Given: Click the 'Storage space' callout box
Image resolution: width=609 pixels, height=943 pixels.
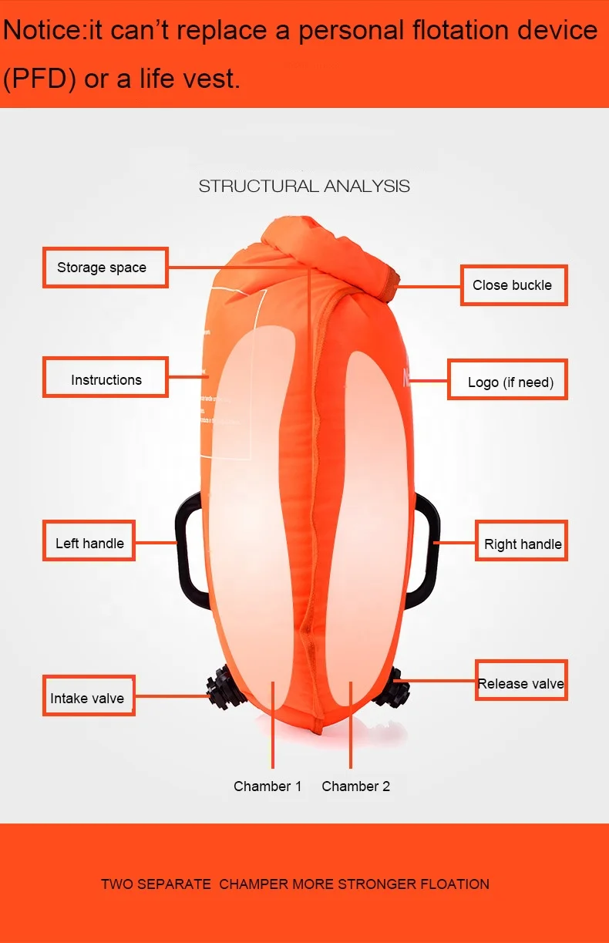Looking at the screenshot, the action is click(105, 268).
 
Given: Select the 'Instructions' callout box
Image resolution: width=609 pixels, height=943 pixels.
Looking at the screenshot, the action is click(105, 378).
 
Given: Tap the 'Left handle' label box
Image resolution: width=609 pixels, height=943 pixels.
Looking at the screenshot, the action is click(89, 542).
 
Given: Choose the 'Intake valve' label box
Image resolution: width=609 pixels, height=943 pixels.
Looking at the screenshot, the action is click(88, 696).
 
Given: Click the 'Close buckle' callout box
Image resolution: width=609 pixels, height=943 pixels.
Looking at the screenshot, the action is click(513, 285).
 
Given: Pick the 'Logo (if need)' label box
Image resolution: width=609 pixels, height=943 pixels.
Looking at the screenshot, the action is click(507, 380).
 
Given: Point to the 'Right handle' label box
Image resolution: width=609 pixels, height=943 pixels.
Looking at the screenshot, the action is click(522, 542).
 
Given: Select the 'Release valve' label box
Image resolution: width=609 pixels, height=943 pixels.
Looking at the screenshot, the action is click(521, 682).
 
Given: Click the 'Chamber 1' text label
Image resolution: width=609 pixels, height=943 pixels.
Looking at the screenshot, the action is click(267, 786).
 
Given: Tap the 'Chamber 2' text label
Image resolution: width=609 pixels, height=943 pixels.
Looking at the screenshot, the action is click(355, 786).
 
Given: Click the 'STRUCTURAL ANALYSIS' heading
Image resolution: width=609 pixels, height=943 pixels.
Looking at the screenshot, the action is click(304, 186).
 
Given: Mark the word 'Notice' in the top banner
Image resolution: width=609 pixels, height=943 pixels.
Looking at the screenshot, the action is click(43, 31).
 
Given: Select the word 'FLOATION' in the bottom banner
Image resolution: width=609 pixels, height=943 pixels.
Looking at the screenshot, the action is click(455, 884).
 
